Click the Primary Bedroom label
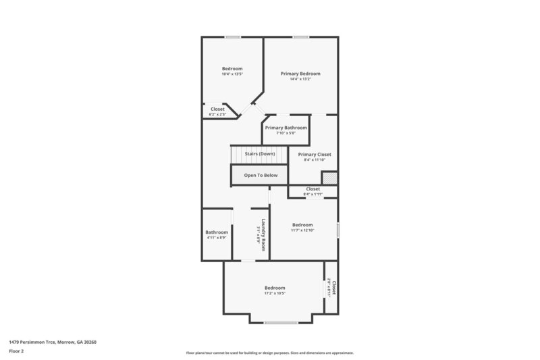coord(300,73)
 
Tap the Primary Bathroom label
coord(286,128)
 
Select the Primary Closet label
coord(315,155)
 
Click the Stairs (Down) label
coord(260,154)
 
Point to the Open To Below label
coord(261,175)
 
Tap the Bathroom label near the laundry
coord(217,232)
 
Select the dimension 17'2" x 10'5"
coord(275,293)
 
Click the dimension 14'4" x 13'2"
coord(300,79)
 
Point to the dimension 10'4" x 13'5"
coord(232,74)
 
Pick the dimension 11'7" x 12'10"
coord(302,230)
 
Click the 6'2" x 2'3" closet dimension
coord(217,114)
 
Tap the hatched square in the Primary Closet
coord(329,178)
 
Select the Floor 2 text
coord(16,351)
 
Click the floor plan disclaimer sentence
coord(269,353)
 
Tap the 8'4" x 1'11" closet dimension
coord(313,194)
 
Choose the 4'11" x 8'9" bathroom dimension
coord(217,238)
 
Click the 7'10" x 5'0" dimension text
coord(286,133)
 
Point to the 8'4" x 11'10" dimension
coord(315,160)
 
